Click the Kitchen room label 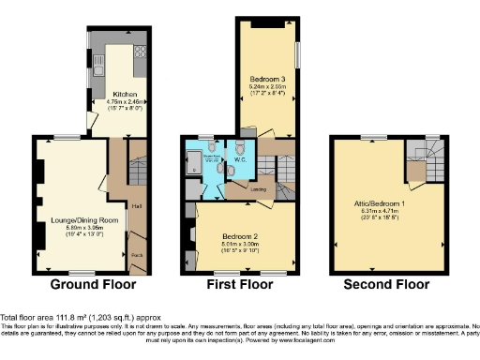click(x=127, y=95)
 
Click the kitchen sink click(x=98, y=66)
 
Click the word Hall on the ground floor click(x=138, y=206)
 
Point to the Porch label click(x=137, y=253)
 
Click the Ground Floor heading click(x=92, y=284)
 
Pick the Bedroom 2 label click(x=240, y=236)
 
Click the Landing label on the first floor click(x=257, y=188)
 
